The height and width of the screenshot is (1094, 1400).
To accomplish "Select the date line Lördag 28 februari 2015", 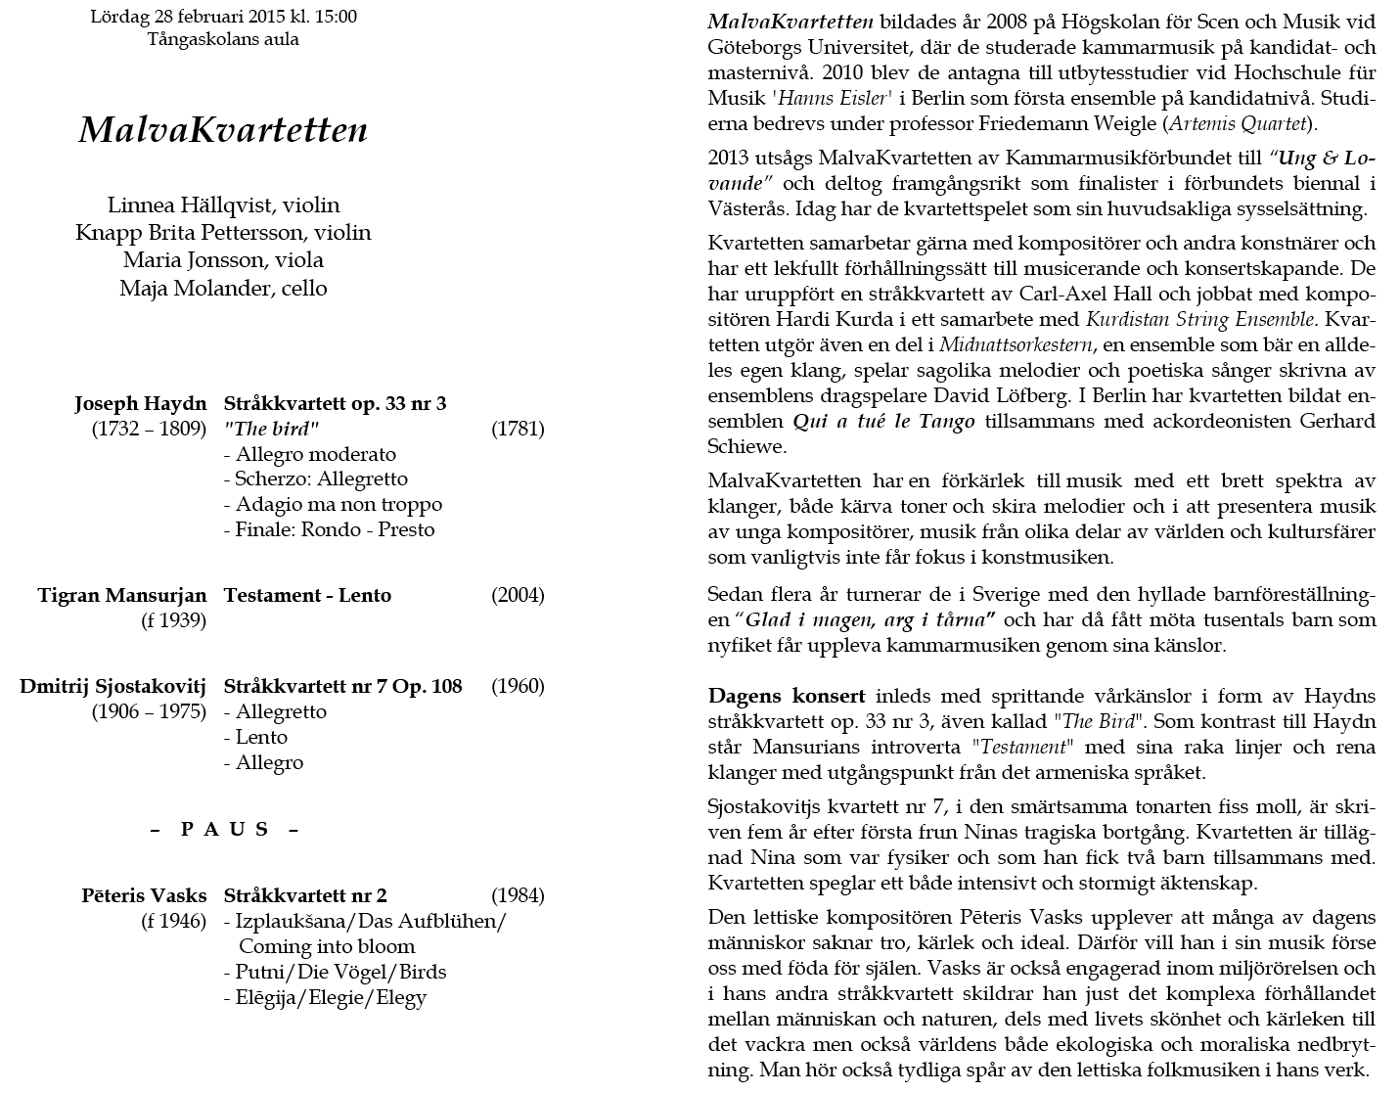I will [x=223, y=17].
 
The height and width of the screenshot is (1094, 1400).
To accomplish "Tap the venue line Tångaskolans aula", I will [x=223, y=40].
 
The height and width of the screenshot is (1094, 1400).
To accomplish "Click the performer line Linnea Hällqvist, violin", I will [x=223, y=205].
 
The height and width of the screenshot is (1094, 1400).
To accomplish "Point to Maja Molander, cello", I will [x=223, y=289].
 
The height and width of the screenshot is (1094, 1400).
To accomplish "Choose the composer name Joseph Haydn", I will [x=141, y=404].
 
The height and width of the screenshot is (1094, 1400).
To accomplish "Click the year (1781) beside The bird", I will [x=518, y=429].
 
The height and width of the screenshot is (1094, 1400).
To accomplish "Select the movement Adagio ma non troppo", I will [x=339, y=505].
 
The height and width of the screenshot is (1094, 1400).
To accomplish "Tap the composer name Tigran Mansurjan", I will [x=122, y=596].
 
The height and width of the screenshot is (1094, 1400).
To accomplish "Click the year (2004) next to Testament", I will [x=518, y=596].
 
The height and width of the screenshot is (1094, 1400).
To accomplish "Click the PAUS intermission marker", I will [x=224, y=830].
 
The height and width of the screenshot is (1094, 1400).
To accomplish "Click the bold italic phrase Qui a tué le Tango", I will [x=883, y=422].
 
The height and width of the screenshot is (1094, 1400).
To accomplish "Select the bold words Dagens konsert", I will [x=787, y=697].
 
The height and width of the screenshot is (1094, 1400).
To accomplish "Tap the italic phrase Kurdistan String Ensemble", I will [x=1199, y=319].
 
